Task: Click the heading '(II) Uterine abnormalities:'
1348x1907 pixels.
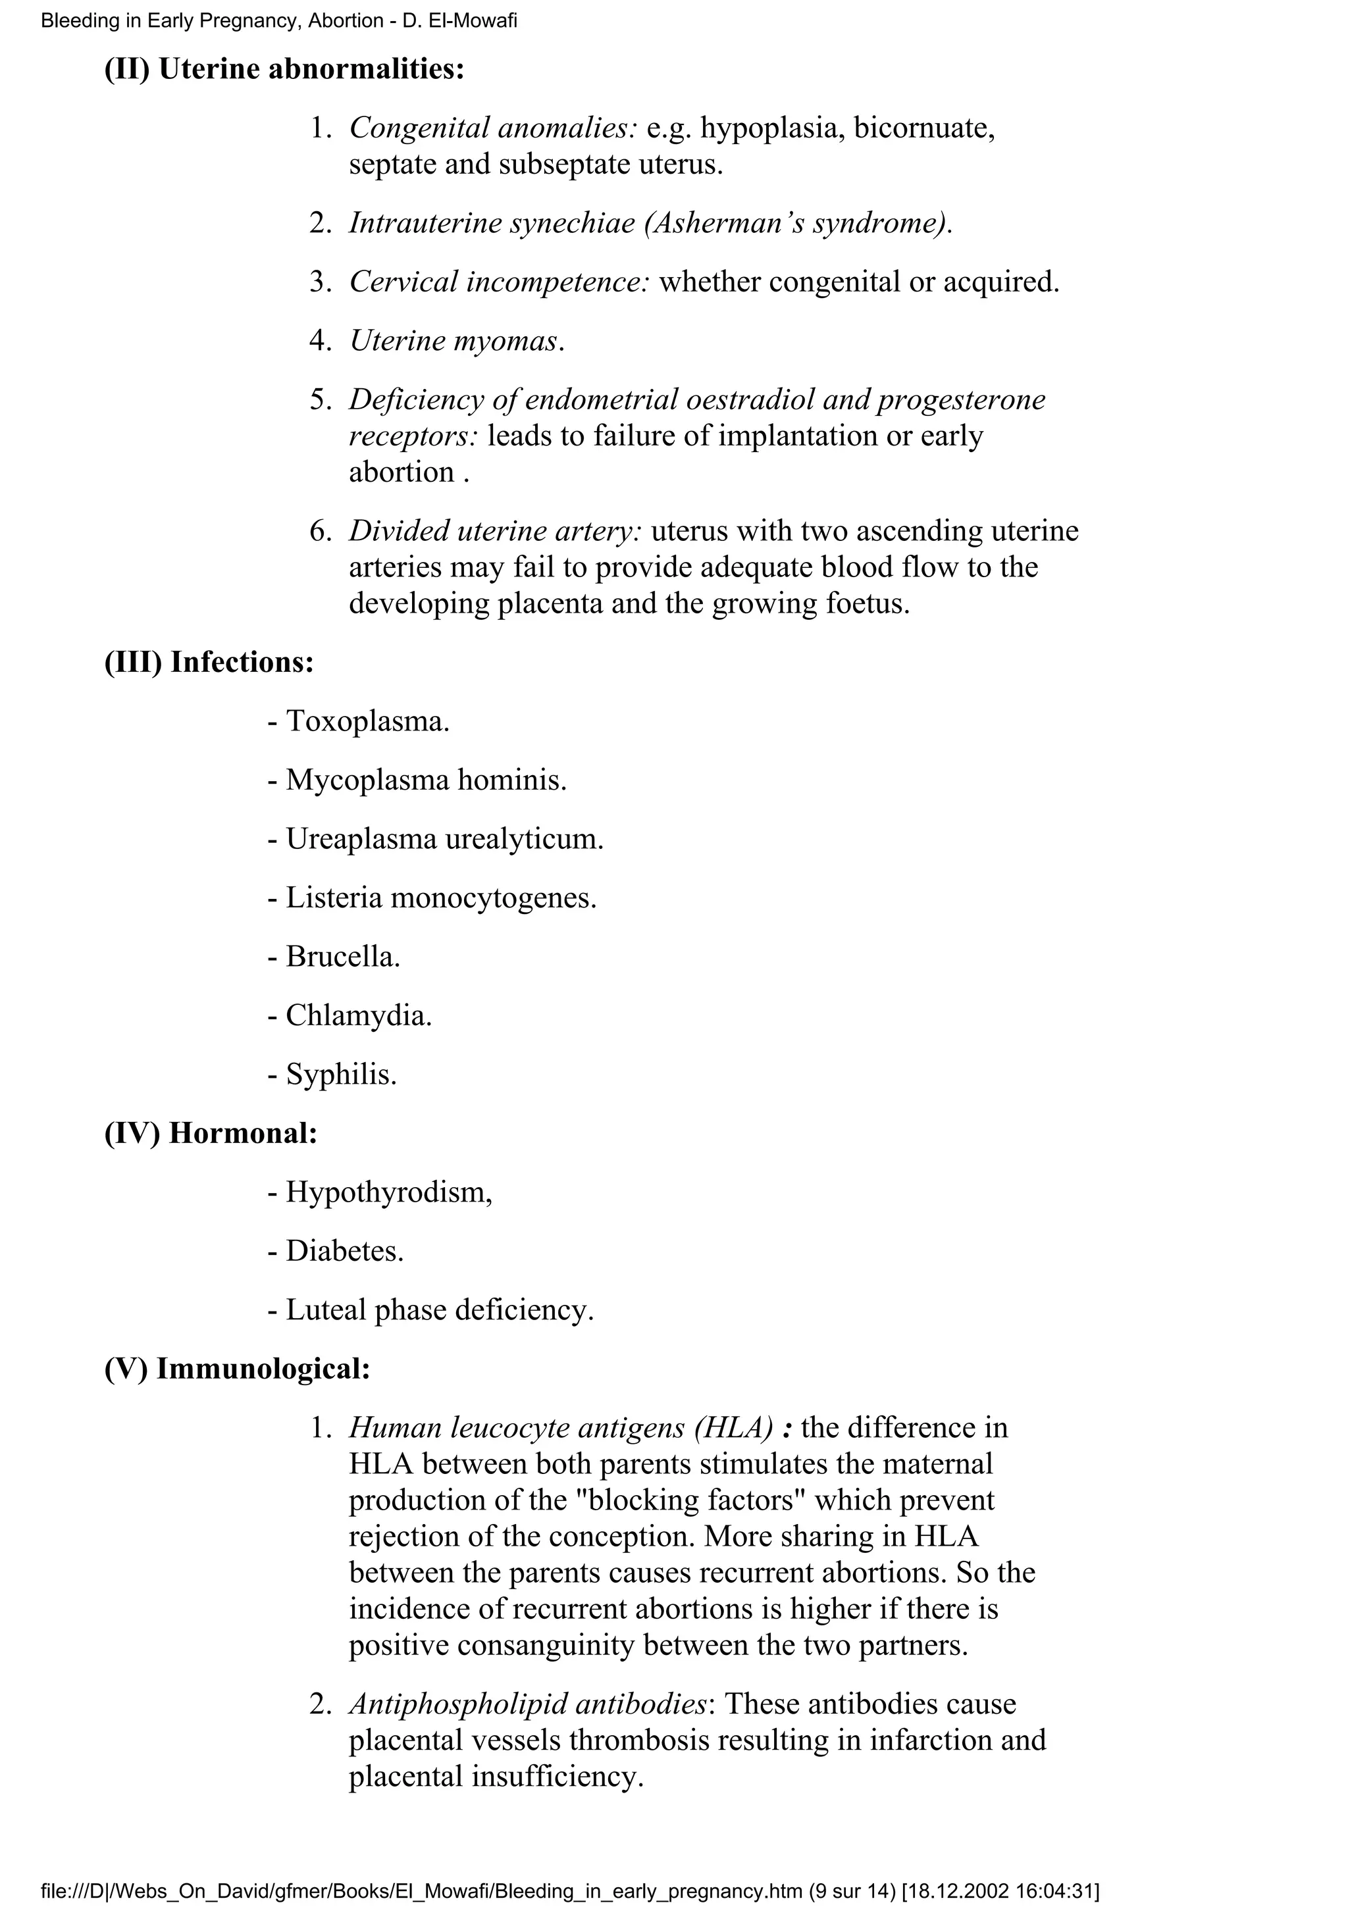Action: click(x=284, y=69)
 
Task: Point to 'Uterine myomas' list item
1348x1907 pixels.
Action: click(x=456, y=341)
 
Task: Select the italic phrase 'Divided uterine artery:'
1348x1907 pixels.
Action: click(x=496, y=531)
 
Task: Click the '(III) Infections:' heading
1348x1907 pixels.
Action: click(x=209, y=662)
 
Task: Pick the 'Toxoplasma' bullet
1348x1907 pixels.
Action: click(x=366, y=721)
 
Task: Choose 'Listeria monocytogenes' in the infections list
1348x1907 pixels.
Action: click(x=440, y=898)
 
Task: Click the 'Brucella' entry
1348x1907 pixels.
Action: click(x=342, y=957)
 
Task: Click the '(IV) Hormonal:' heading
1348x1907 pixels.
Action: click(x=211, y=1134)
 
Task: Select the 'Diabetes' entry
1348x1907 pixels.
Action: click(x=344, y=1251)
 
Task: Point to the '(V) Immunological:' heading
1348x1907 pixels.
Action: click(x=238, y=1369)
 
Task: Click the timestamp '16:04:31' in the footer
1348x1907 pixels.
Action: click(x=1060, y=1887)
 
